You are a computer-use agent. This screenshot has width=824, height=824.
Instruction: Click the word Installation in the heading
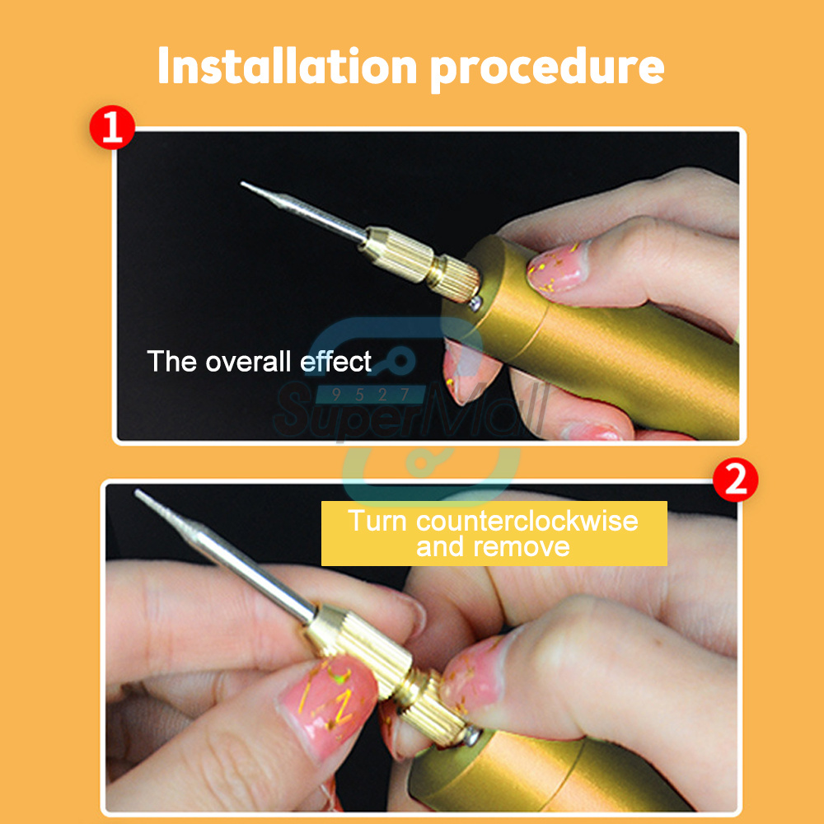[x=288, y=66]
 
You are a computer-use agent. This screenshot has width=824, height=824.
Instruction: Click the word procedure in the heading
[x=547, y=70]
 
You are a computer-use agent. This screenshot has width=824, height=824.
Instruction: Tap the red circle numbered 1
[x=112, y=127]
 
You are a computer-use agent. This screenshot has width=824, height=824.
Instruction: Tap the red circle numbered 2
[x=735, y=480]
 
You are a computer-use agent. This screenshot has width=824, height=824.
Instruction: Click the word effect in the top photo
[x=335, y=361]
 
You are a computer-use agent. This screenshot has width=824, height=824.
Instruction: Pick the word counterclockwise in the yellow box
[x=527, y=521]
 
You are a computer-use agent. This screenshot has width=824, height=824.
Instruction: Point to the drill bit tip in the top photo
[x=241, y=184]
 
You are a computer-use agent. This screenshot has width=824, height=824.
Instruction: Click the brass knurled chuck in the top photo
[x=420, y=262]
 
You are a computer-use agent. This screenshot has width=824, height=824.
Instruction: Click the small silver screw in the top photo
[x=475, y=302]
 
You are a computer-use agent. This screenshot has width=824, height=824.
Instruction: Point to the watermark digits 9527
[x=371, y=394]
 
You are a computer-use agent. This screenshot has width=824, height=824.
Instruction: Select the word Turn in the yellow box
[x=377, y=521]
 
